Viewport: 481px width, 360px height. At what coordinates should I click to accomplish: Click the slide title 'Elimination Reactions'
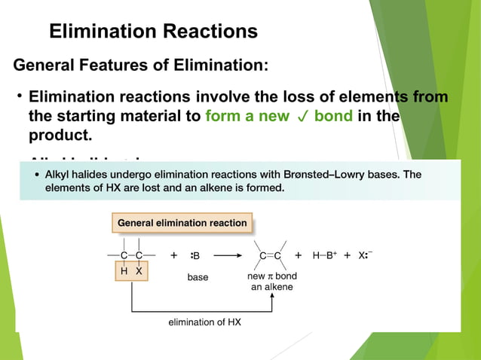pos(153,32)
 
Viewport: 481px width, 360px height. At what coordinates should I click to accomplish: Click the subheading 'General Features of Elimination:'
pos(141,66)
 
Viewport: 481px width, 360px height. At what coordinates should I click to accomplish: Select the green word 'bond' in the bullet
pos(333,117)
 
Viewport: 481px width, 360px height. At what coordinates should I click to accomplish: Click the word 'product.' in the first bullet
pos(60,137)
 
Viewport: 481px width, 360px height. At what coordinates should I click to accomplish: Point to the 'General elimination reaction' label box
pos(182,223)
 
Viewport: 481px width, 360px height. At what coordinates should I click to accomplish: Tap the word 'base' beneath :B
pos(198,277)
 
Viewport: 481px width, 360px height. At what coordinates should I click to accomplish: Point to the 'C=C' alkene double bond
pos(271,255)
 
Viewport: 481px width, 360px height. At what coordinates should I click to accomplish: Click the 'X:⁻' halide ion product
pos(365,255)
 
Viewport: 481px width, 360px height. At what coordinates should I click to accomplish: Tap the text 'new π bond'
pos(271,276)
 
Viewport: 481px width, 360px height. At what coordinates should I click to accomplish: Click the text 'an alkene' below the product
pos(272,287)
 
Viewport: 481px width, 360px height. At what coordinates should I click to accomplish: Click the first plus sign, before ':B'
pos(174,255)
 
